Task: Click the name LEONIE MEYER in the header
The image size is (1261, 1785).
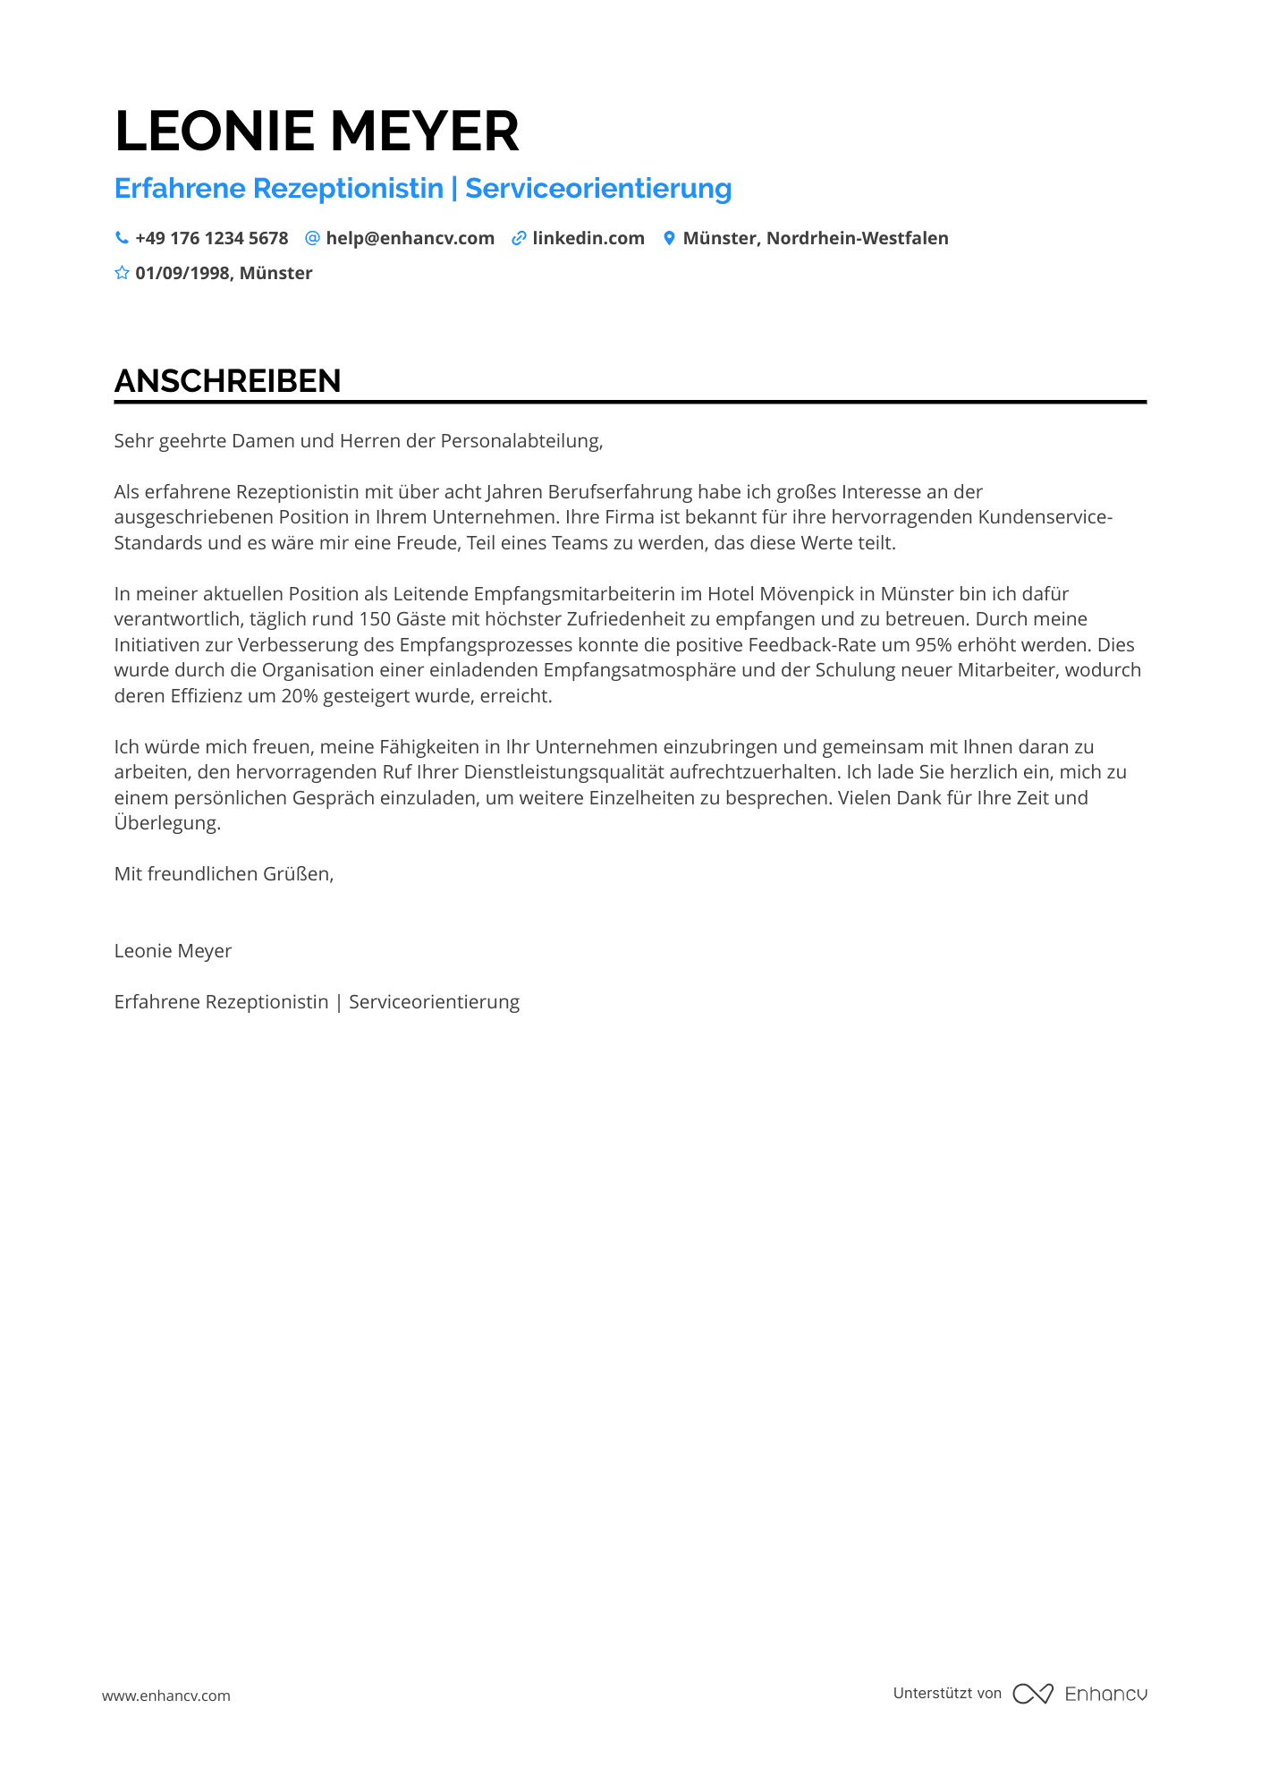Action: tap(317, 132)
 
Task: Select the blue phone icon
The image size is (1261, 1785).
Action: tap(122, 238)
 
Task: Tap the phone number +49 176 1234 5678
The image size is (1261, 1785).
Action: tap(212, 238)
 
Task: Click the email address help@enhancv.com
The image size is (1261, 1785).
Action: tap(410, 238)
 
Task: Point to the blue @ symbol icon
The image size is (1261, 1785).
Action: tap(312, 238)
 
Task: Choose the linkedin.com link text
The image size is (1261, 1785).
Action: tap(588, 238)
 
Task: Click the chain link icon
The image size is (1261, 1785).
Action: tap(519, 238)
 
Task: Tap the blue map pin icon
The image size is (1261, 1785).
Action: tap(669, 238)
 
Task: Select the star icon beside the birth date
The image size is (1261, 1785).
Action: tap(122, 273)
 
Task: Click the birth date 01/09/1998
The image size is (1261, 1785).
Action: tap(182, 273)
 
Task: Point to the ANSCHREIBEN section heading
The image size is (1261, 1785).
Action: tap(228, 381)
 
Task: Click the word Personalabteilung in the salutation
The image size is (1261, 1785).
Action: tap(520, 440)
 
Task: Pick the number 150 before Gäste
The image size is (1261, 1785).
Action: tap(375, 619)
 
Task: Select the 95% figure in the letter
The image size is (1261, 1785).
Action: tap(933, 645)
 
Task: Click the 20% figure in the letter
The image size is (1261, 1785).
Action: tap(300, 696)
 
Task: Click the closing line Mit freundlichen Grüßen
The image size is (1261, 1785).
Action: tap(224, 874)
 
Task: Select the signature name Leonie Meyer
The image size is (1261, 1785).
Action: tap(173, 951)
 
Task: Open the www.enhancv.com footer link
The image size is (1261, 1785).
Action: tap(166, 1696)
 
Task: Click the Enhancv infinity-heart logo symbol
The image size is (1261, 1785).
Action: tap(1033, 1694)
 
